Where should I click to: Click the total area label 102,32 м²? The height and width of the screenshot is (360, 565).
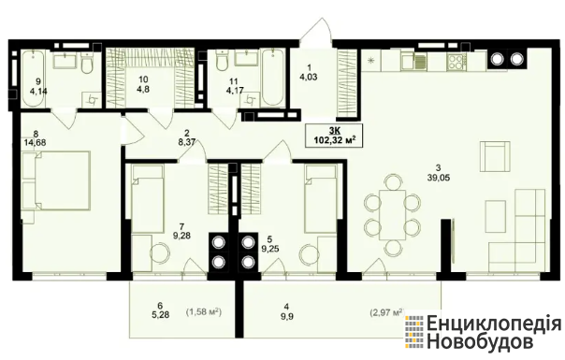click(x=333, y=140)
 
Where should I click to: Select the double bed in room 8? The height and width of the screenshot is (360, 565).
click(x=56, y=180)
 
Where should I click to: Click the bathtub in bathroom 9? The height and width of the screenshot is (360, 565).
click(x=33, y=79)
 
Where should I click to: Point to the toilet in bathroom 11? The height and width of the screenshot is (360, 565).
click(x=222, y=60)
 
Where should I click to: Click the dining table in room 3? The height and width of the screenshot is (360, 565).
click(x=392, y=215)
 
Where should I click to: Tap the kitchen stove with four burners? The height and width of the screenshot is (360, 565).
click(x=456, y=61)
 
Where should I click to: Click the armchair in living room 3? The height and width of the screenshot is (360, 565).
click(x=495, y=157)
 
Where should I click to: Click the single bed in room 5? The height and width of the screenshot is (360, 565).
click(x=321, y=198)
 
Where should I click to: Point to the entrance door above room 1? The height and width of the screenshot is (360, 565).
click(x=316, y=32)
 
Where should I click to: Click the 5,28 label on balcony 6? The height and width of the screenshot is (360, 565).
click(x=160, y=315)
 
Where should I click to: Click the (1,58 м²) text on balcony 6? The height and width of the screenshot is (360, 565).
click(x=204, y=311)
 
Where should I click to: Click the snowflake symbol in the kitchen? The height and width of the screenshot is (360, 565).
click(x=370, y=61)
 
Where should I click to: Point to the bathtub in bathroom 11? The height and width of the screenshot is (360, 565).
click(x=273, y=78)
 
